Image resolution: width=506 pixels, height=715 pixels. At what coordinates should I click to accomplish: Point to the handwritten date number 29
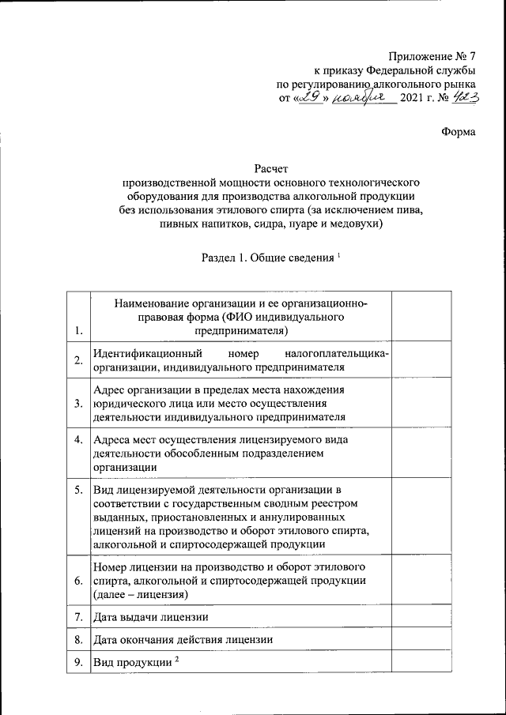309,98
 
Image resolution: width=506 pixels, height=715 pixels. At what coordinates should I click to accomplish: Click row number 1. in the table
77,354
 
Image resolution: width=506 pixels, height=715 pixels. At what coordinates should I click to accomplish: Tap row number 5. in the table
77,490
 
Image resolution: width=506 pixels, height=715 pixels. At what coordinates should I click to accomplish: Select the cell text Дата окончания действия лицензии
183,639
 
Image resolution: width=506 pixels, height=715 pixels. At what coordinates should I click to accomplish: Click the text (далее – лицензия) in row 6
139,593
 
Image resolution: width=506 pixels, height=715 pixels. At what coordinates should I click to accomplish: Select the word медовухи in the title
357,224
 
